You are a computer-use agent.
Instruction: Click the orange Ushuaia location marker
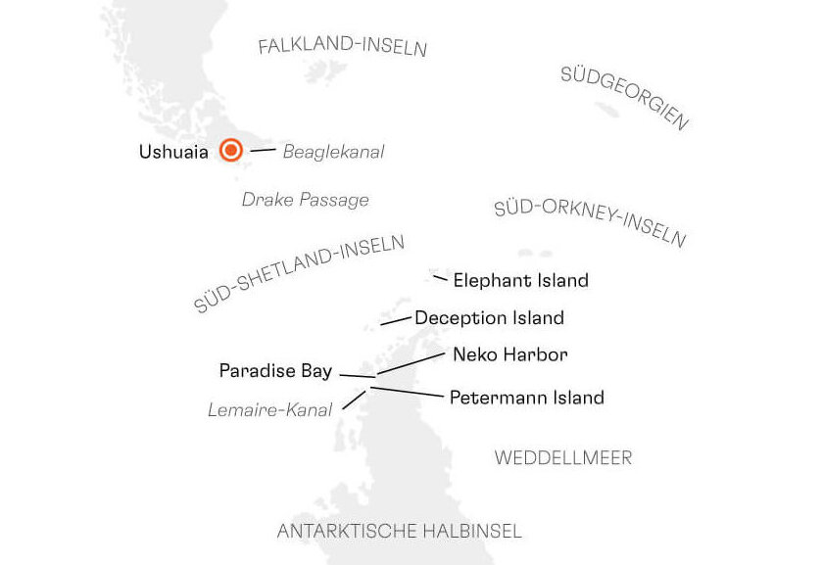[231, 151]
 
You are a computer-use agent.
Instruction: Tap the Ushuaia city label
[173, 152]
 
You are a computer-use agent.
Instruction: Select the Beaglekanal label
[333, 152]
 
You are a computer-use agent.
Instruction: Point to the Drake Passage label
[305, 200]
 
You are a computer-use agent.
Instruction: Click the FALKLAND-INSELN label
[342, 46]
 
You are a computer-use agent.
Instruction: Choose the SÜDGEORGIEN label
[625, 98]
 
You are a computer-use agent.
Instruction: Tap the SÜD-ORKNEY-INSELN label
[590, 222]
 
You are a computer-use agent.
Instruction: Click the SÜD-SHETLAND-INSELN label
[299, 273]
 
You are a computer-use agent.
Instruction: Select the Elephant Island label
[520, 280]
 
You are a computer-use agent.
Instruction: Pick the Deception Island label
[489, 318]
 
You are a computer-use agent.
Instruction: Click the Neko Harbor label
[509, 353]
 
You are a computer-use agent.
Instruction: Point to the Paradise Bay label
[275, 371]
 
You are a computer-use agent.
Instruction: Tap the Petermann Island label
[526, 398]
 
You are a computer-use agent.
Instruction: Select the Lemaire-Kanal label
[269, 410]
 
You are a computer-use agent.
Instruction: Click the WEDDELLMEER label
[563, 457]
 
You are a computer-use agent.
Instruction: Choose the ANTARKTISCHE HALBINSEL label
[399, 532]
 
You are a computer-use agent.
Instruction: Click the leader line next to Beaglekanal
[263, 150]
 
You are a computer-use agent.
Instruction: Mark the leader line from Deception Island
[395, 319]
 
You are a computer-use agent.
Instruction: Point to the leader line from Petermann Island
[406, 392]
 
